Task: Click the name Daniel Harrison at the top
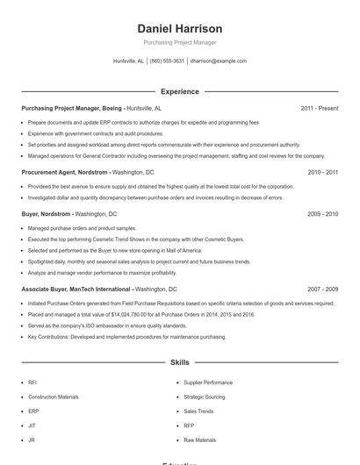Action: coord(180,28)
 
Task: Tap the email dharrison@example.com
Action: coord(219,61)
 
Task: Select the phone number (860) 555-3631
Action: coord(167,61)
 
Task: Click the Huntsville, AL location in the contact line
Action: coord(128,61)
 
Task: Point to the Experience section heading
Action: coord(180,91)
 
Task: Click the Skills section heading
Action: coord(180,361)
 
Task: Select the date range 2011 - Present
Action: coord(319,108)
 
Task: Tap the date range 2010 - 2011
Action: coord(322,173)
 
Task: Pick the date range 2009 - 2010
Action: coord(322,213)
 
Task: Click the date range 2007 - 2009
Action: coord(322,289)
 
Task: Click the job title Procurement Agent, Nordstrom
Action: coord(65,173)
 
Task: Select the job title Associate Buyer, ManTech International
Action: coord(76,289)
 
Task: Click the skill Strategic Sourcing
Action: coord(204,397)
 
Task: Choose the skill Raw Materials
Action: coord(199,440)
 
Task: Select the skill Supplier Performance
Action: coord(208,383)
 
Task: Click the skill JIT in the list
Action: coord(32,426)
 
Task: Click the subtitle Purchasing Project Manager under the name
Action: coord(180,42)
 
